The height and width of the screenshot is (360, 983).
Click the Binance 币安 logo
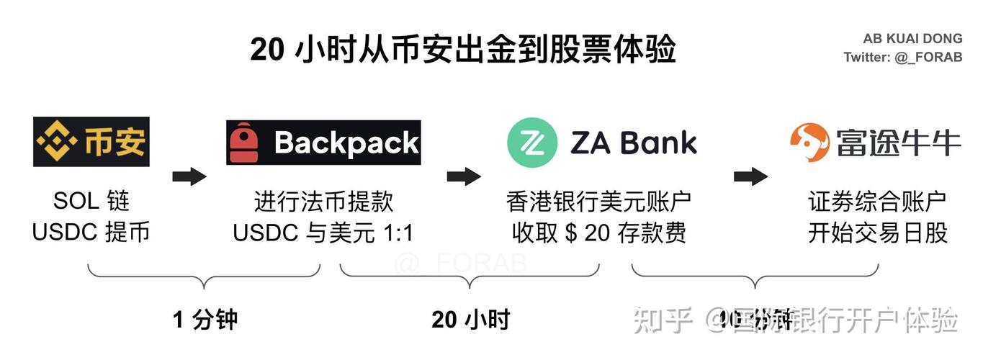[x=91, y=142]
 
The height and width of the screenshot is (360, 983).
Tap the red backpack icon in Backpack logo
[x=244, y=143]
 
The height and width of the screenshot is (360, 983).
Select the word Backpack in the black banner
[x=346, y=143]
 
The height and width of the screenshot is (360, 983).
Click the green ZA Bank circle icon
[x=533, y=142]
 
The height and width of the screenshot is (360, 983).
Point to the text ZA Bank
[x=634, y=143]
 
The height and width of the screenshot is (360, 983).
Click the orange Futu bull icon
[x=809, y=142]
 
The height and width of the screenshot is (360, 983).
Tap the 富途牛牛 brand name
[x=898, y=142]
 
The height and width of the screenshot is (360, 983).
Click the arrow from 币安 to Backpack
[x=189, y=176]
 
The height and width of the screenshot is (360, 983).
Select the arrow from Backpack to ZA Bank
[x=464, y=176]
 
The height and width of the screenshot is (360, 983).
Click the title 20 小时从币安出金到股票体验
[x=462, y=50]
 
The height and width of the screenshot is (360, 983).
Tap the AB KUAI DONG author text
[x=912, y=39]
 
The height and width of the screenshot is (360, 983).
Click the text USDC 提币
[x=91, y=233]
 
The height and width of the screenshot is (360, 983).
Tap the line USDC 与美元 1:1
[x=323, y=233]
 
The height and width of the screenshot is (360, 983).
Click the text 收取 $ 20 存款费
[x=599, y=233]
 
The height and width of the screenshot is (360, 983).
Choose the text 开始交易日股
[x=878, y=233]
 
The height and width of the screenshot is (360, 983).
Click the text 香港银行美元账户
[x=599, y=202]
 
